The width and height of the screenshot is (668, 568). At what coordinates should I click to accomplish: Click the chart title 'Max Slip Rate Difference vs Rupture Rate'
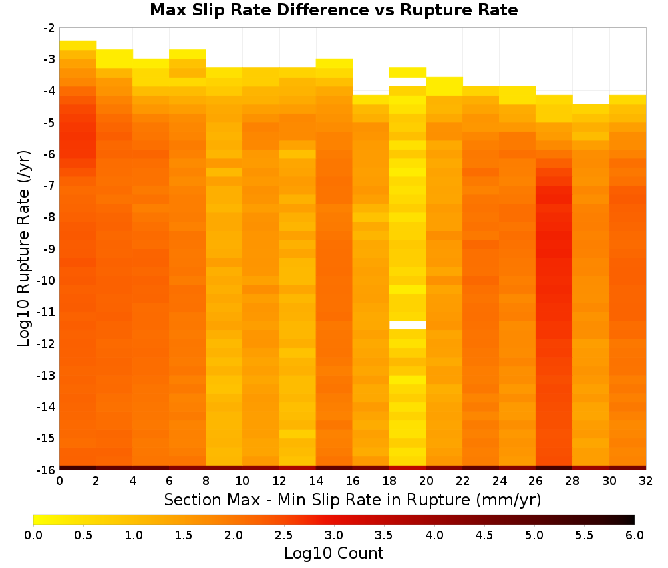coord(333,10)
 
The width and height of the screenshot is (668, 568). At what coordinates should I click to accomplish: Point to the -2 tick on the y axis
coord(49,28)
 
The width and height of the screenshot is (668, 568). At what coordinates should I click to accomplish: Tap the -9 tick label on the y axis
coord(49,249)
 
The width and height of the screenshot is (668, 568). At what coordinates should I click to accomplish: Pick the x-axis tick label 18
coord(389,481)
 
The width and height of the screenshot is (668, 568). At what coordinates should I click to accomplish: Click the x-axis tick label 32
coord(646,481)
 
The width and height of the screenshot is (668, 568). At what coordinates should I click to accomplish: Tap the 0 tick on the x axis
coord(59,481)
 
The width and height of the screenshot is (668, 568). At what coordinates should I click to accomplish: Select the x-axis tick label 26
coord(536,481)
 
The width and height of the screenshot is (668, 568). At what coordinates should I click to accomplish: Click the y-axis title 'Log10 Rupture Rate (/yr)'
coord(23,249)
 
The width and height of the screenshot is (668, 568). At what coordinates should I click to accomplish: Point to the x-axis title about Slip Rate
coord(353,499)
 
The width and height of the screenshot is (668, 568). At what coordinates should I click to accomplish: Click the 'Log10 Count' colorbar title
coord(334,553)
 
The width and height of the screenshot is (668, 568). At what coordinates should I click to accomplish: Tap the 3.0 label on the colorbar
coord(334,535)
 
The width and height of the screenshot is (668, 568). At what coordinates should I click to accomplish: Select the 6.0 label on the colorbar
coord(635,535)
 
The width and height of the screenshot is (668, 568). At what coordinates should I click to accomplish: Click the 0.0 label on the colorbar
coord(33,535)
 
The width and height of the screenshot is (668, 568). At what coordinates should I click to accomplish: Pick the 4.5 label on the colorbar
coord(484,535)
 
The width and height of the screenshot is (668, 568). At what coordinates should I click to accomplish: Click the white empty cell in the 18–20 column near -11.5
coord(407,325)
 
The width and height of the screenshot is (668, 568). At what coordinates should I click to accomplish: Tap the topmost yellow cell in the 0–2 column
coord(78,45)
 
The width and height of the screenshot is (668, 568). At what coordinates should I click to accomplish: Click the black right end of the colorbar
coord(631,519)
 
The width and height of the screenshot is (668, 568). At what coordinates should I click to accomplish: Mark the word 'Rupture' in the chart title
coord(434,11)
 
